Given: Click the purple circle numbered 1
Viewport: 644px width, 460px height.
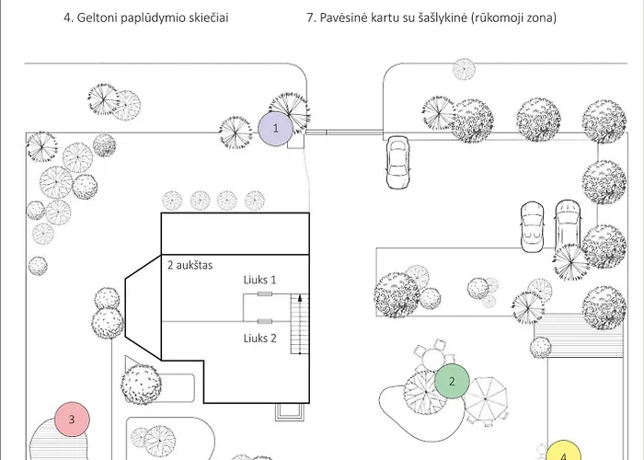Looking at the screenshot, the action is click(276, 129).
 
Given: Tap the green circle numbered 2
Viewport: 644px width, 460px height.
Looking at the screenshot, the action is click(452, 381).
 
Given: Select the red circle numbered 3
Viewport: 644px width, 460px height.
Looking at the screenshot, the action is click(72, 420).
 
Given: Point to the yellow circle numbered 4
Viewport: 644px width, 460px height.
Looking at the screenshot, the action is click(563, 450).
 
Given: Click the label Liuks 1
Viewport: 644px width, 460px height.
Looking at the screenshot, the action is click(260, 280).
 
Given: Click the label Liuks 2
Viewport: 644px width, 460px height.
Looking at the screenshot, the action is click(260, 339).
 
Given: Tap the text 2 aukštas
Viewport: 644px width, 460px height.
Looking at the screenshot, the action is click(190, 265).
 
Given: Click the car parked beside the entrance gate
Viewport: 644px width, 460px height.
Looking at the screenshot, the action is click(397, 163).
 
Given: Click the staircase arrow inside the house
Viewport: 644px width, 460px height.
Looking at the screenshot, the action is click(300, 324).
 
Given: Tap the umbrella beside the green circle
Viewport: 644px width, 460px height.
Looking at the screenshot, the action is click(486, 399).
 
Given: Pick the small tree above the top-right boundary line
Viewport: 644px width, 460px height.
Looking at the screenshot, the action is click(464, 69).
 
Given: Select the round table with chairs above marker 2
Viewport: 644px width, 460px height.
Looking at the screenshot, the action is click(433, 357).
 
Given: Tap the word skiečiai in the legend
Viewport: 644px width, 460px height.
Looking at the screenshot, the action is click(209, 17).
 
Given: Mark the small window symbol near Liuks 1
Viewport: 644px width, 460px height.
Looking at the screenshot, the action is click(265, 293).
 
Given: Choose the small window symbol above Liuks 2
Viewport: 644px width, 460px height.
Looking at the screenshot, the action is click(265, 321).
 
